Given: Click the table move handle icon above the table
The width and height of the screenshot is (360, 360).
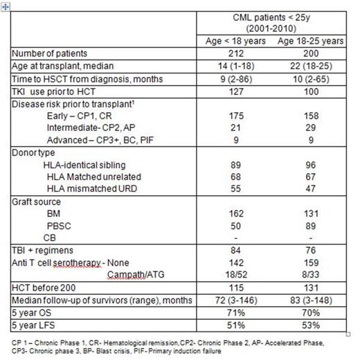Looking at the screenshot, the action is [x=5, y=3].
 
